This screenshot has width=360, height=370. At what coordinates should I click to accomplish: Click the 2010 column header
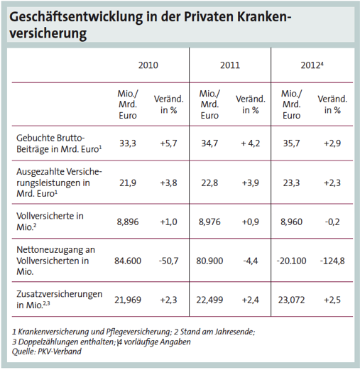[148, 65]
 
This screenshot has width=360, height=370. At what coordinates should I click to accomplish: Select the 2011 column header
[229, 65]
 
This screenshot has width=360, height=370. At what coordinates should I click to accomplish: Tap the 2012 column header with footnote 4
[312, 65]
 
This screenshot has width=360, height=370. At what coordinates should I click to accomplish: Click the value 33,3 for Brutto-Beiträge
[127, 143]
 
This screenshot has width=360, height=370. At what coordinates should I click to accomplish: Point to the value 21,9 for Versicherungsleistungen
[127, 182]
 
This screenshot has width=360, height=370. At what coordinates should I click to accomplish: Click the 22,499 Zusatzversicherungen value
[209, 299]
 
